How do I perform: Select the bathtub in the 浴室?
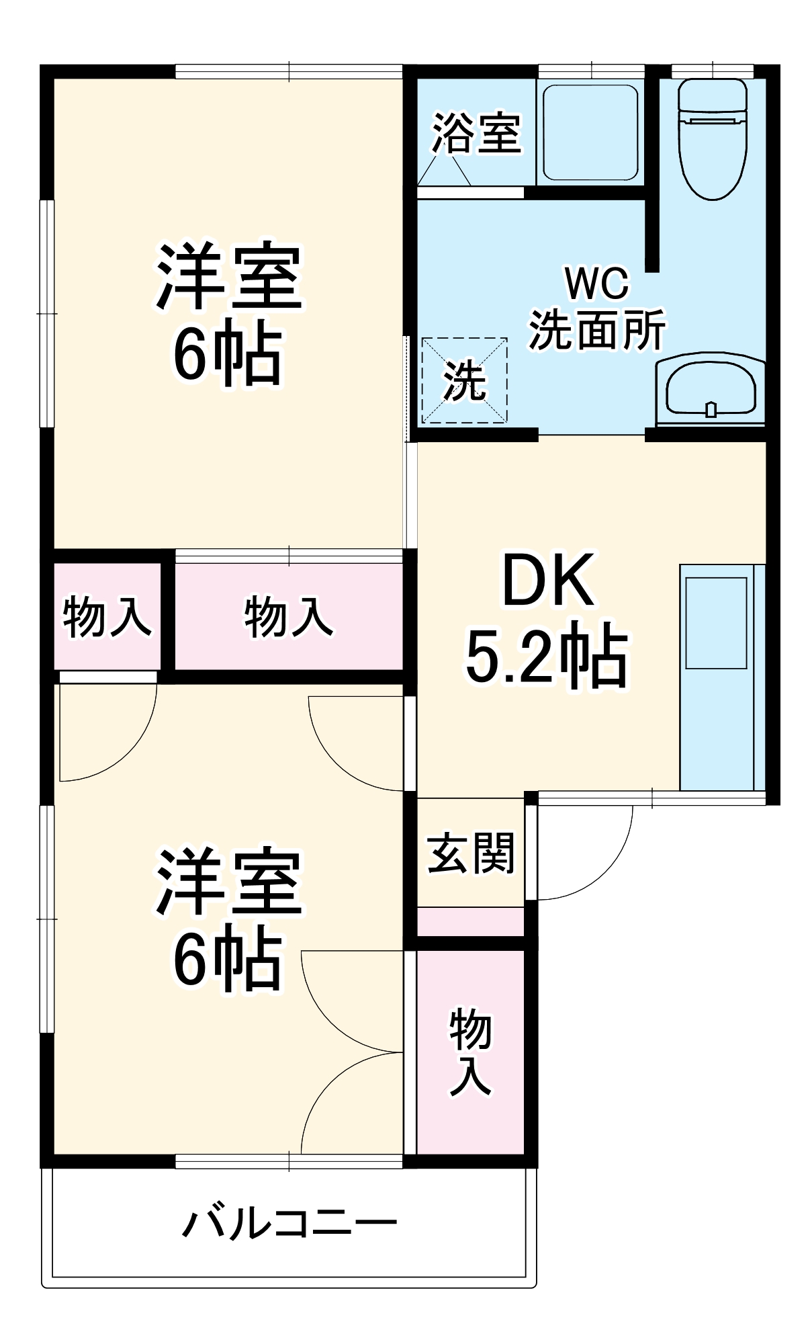(x=590, y=132)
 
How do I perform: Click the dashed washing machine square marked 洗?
(x=464, y=380)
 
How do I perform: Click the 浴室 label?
(x=476, y=133)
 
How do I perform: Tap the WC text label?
(x=597, y=284)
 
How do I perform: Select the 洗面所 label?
(x=597, y=330)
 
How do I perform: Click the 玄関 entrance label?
(x=470, y=853)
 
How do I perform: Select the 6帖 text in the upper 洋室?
(x=227, y=354)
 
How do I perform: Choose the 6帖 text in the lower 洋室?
(x=227, y=959)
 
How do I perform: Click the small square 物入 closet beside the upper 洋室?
(x=107, y=616)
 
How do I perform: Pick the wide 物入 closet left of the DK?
(x=289, y=616)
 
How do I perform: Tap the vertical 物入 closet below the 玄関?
(x=470, y=1052)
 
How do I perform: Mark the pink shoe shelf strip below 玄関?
(x=470, y=921)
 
